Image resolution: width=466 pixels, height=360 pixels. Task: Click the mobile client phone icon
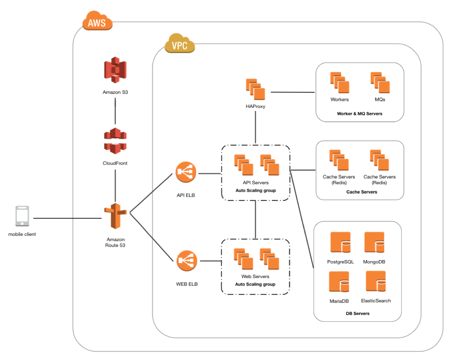(22, 216)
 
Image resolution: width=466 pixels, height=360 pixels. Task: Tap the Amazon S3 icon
(115, 70)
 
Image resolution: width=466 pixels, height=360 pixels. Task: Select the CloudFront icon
(115, 141)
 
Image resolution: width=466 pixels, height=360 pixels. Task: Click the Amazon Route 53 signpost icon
(116, 216)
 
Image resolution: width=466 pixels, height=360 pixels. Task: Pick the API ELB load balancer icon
(185, 172)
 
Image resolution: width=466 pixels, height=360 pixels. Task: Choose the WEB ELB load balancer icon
(185, 261)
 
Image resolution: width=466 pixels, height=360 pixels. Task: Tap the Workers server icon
(340, 82)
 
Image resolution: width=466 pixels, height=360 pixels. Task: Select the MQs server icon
(380, 82)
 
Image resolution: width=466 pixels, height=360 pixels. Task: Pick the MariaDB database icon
(339, 283)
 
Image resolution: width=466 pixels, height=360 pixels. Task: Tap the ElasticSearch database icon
(376, 283)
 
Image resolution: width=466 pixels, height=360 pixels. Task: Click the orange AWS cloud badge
(98, 21)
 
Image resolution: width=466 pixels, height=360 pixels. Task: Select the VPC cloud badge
(180, 43)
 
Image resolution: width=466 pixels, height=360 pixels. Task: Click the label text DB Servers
(358, 314)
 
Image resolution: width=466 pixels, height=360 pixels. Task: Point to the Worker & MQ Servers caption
(359, 114)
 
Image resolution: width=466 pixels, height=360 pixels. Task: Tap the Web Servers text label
(255, 276)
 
